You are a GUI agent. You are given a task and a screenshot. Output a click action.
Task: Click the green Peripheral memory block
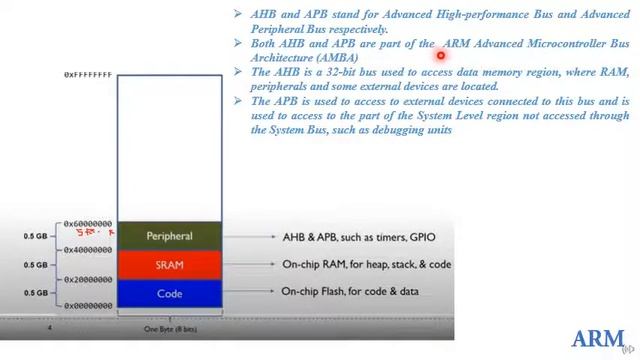(x=169, y=236)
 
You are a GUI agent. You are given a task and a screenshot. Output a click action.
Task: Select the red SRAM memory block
(x=169, y=265)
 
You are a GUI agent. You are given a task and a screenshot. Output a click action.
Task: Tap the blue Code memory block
(x=169, y=293)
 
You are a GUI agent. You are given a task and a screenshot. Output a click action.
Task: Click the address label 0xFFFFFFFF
(x=88, y=75)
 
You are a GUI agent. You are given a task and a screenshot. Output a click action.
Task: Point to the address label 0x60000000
(x=88, y=224)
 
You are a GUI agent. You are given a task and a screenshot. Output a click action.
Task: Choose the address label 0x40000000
(x=88, y=250)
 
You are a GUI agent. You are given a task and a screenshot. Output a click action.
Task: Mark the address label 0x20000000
(x=88, y=280)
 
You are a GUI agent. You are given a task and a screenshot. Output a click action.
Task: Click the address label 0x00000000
(x=88, y=306)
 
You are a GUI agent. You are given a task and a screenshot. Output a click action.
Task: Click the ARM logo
(x=597, y=337)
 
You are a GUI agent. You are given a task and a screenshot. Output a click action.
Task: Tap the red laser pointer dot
(x=440, y=56)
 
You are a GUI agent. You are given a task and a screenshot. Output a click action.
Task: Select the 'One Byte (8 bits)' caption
(x=168, y=327)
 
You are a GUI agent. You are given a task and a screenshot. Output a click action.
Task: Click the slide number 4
(x=49, y=327)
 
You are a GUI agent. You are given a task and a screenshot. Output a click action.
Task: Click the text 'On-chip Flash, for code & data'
(x=350, y=292)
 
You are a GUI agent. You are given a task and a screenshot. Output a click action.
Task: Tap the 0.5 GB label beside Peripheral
(x=36, y=237)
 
